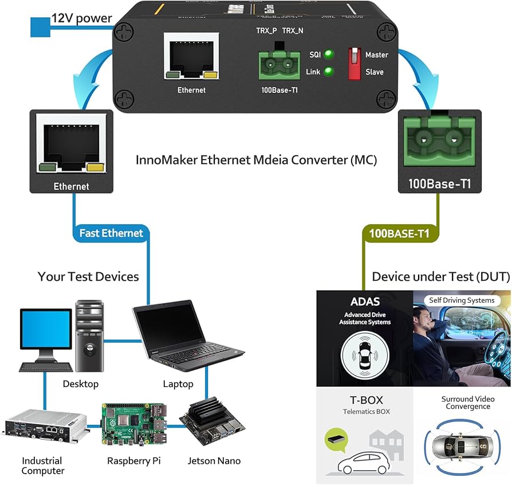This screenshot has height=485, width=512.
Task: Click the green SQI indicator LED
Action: [329, 55]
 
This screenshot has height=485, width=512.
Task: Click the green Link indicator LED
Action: [329, 72]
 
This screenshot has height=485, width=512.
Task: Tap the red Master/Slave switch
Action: [353, 63]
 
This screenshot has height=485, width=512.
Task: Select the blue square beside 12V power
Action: [40, 27]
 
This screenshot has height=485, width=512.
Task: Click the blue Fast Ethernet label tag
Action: [111, 233]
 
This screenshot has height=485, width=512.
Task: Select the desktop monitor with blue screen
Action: [46, 339]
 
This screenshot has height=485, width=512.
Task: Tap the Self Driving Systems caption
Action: [461, 300]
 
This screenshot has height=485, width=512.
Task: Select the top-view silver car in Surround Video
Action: [461, 445]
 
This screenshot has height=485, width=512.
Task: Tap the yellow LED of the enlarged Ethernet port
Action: [96, 167]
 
